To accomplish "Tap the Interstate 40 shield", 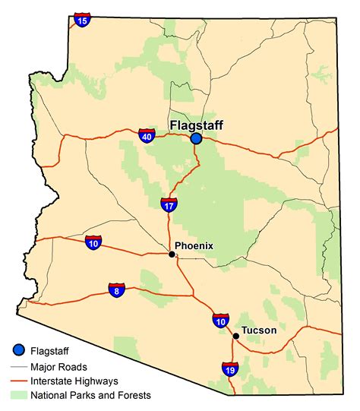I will pos(147,136).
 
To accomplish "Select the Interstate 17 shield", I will pos(169,204).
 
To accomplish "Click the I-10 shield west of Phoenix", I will pos(93,243).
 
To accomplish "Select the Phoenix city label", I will pos(194,245).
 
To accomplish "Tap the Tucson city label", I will pos(260,330).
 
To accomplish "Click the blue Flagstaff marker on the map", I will pos(196,138).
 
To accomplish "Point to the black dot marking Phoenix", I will pos(172,255).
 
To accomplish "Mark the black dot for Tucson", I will pos(236,336).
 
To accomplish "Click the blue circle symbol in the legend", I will pos(17,350).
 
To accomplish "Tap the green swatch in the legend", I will pos(17,395).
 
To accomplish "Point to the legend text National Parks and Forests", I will pos(91,395).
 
